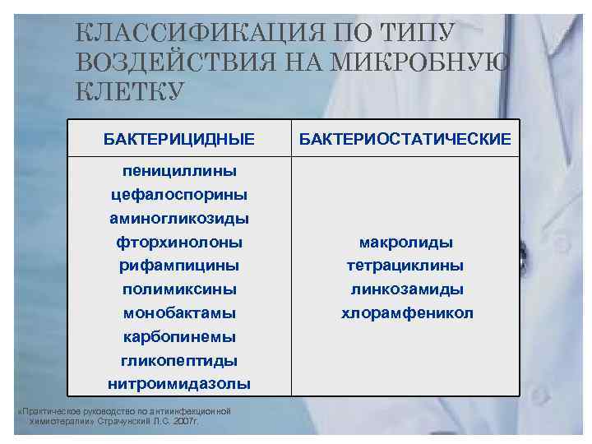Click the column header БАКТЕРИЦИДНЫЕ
[x=179, y=139]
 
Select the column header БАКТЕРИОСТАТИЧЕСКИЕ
[x=405, y=139]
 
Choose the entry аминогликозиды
[x=179, y=219]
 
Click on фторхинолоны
[x=179, y=243]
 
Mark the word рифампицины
[x=179, y=266]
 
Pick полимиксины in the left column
[x=179, y=289]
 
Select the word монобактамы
[x=179, y=313]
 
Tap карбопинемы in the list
[x=179, y=337]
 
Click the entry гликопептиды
[x=179, y=361]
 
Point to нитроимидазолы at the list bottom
[x=179, y=384]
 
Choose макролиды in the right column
[x=406, y=243]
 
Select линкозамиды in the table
[x=406, y=289]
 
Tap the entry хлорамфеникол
[x=407, y=313]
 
